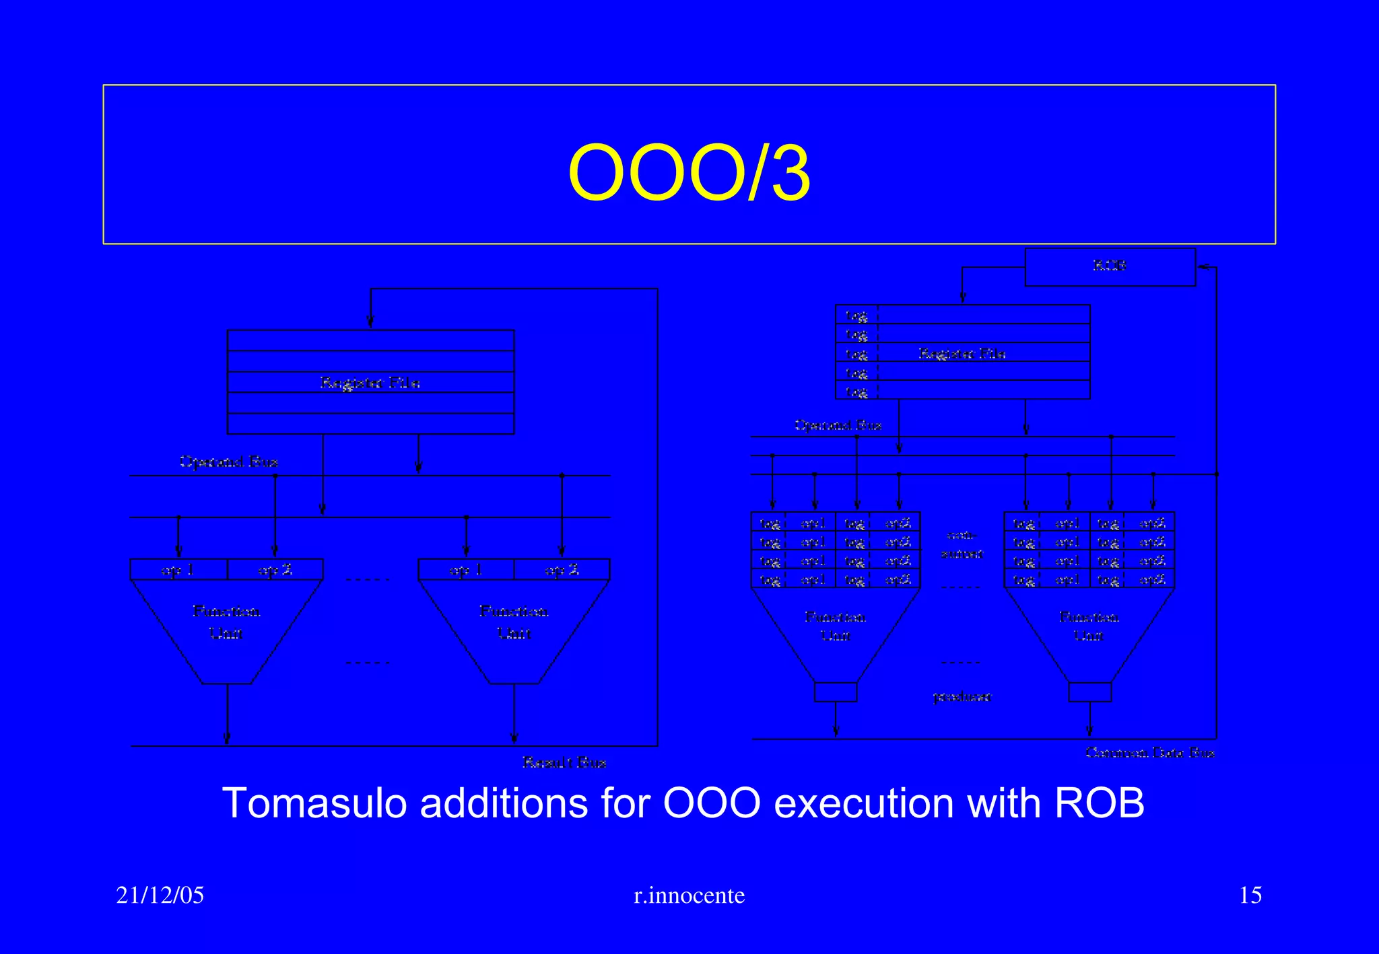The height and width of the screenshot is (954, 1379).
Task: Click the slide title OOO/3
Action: coord(689,174)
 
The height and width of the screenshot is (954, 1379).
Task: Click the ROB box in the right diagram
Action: coord(1110,266)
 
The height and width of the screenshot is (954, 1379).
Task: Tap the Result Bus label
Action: coord(564,762)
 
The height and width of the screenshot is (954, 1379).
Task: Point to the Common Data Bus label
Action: coord(1150,752)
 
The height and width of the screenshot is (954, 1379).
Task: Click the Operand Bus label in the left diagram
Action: coord(228,462)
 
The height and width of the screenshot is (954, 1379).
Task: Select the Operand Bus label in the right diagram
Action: coord(838,425)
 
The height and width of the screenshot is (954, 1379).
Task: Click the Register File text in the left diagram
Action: coord(370,383)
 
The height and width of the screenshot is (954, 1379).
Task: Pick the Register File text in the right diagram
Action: coord(962,353)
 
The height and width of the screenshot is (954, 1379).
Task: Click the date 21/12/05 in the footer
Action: coord(160,895)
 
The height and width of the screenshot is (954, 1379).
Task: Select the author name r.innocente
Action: coord(689,895)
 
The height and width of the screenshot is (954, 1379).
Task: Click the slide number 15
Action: coord(1250,895)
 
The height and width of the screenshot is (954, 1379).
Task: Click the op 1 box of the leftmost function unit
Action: coord(178,570)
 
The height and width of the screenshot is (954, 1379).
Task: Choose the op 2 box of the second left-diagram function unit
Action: coord(562,570)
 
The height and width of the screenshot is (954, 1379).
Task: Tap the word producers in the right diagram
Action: coord(962,697)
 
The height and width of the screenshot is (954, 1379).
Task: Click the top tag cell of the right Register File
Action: coord(856,315)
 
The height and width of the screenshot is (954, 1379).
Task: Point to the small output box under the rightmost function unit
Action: coord(1089,692)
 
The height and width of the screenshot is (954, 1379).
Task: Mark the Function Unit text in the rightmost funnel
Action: coord(1089,626)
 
